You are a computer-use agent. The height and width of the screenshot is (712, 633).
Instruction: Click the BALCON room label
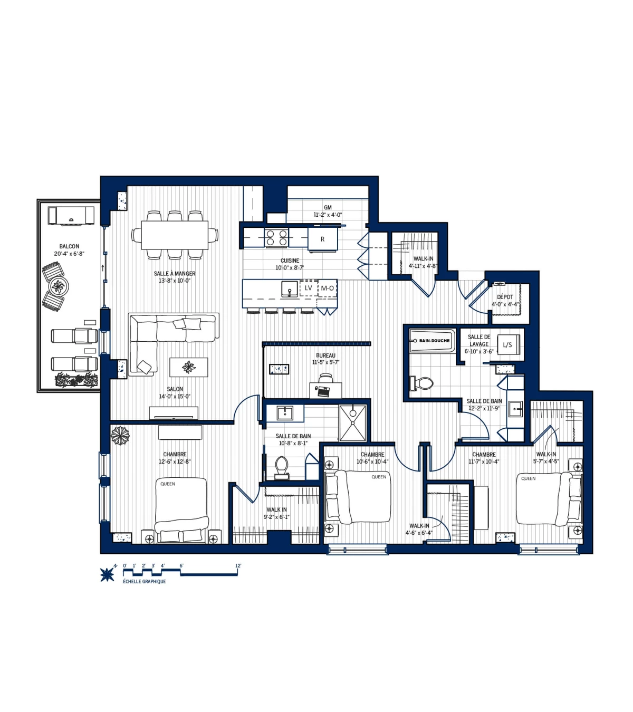point(69,246)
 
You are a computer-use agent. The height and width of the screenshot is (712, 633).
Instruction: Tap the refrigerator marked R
point(322,239)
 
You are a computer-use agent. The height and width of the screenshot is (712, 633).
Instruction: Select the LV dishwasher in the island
point(308,288)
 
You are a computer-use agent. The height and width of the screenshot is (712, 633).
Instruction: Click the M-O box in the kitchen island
point(327,288)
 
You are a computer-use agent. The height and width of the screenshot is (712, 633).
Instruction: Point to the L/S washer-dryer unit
point(507,345)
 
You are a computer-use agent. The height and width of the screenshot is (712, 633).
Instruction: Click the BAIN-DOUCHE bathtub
point(433,341)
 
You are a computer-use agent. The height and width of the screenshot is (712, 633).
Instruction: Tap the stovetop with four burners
point(277,237)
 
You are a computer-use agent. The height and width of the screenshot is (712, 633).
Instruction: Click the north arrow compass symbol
point(108,574)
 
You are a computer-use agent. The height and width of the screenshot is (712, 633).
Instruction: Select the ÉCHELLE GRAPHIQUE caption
point(144,581)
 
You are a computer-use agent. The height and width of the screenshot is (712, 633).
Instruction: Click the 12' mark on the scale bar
point(238,566)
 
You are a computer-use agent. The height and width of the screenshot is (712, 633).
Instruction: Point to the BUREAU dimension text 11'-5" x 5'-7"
point(325,362)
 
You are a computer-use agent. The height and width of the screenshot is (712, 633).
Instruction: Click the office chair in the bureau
point(325,378)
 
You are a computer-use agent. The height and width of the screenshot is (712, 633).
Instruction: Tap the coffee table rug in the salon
point(188,367)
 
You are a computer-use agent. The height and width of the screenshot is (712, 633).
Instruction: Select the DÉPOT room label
point(505,297)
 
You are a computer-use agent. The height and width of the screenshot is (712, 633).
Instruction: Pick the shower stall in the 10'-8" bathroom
point(352,423)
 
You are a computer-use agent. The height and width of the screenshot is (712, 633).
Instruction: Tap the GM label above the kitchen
point(328,207)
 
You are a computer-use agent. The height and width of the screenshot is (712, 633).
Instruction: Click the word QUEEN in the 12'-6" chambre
point(168,484)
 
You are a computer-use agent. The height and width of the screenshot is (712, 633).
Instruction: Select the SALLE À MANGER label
point(175,273)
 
